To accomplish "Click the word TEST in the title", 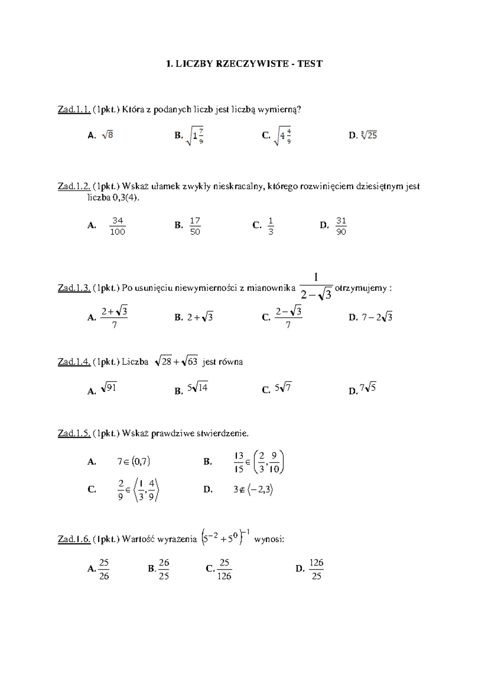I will [x=310, y=63].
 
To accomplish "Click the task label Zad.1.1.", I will [x=74, y=109].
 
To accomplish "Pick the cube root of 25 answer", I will [x=369, y=135].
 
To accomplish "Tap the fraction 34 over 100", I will [x=118, y=226].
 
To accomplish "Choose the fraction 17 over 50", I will [x=195, y=226].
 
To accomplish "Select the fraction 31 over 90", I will [x=341, y=226].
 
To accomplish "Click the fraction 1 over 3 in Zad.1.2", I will [x=271, y=226].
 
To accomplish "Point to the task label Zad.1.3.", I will [x=74, y=288].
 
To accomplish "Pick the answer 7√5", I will [x=368, y=388].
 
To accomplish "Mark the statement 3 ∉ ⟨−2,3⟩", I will [x=253, y=490].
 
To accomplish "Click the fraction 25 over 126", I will [x=224, y=569].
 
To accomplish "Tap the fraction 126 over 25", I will [x=316, y=569].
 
